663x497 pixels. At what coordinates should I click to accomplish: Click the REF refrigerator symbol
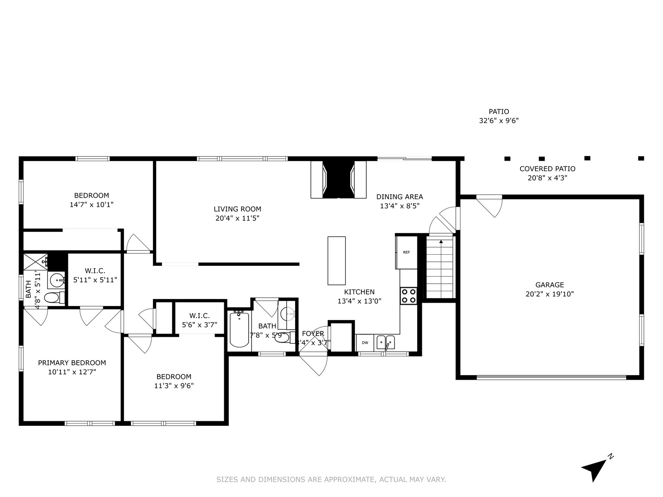pyautogui.click(x=407, y=252)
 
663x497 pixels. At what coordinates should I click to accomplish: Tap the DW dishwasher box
pyautogui.click(x=365, y=343)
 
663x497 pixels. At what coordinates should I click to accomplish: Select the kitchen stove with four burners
pyautogui.click(x=408, y=296)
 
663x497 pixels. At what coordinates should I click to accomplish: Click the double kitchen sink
pyautogui.click(x=385, y=343)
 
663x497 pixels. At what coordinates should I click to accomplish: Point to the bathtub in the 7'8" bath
pyautogui.click(x=240, y=329)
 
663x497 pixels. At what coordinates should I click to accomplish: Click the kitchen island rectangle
pyautogui.click(x=336, y=261)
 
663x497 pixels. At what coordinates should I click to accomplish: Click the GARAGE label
pyautogui.click(x=549, y=285)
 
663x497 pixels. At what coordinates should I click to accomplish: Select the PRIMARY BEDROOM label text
pyautogui.click(x=72, y=363)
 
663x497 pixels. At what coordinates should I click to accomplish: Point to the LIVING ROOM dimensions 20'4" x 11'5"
pyautogui.click(x=237, y=218)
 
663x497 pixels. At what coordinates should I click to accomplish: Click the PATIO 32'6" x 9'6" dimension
pyautogui.click(x=499, y=121)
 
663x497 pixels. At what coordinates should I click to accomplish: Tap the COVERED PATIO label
pyautogui.click(x=547, y=169)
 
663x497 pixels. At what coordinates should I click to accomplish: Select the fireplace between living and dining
pyautogui.click(x=339, y=179)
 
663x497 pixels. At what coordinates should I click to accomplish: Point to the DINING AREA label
pyautogui.click(x=399, y=197)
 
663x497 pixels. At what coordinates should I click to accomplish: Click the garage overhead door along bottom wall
pyautogui.click(x=551, y=377)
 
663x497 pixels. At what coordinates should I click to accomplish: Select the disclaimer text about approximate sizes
pyautogui.click(x=331, y=480)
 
